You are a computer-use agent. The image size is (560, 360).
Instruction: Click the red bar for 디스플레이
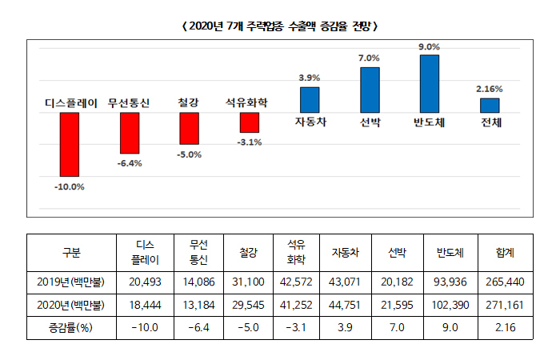pyautogui.click(x=70, y=144)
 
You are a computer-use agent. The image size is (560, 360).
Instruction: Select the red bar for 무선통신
pyautogui.click(x=130, y=133)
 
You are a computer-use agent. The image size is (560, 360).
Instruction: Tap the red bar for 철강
pyautogui.click(x=189, y=128)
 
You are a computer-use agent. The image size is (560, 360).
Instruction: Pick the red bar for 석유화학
pyautogui.click(x=250, y=122)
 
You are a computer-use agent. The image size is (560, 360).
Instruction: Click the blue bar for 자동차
pyautogui.click(x=310, y=99)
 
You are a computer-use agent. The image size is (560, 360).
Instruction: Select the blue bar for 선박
pyautogui.click(x=370, y=90)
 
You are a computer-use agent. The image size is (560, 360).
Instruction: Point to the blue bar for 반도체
pyautogui.click(x=430, y=83)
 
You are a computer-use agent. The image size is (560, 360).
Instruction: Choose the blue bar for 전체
pyautogui.click(x=490, y=105)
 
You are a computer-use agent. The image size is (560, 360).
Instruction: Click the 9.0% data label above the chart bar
pyautogui.click(x=430, y=47)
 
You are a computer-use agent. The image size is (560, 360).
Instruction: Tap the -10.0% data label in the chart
pyautogui.click(x=70, y=186)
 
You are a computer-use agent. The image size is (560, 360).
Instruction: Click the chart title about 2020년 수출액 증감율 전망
pyautogui.click(x=279, y=26)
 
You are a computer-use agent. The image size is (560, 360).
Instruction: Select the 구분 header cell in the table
pyautogui.click(x=71, y=252)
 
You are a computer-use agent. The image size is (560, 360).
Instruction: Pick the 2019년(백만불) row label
pyautogui.click(x=71, y=282)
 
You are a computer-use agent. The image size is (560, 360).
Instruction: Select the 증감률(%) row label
pyautogui.click(x=71, y=328)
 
